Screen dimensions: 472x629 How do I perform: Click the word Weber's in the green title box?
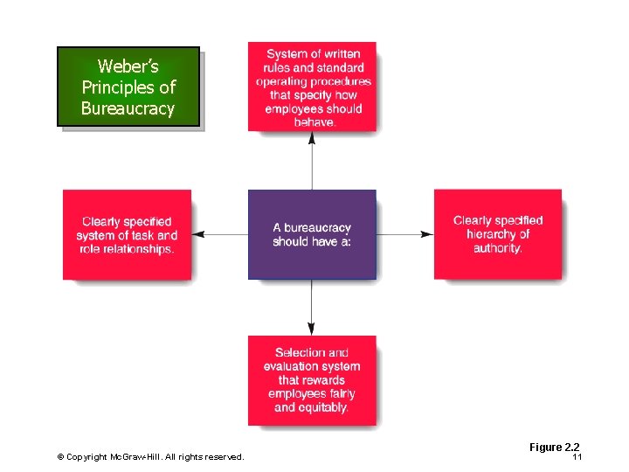point(128,66)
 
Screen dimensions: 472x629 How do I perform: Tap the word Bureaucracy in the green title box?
point(128,109)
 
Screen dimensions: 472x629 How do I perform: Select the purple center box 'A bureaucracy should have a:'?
point(312,234)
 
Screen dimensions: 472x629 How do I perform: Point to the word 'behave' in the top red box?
point(314,122)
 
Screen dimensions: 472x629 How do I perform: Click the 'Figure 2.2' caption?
point(554,448)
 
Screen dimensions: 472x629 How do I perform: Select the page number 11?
point(577,458)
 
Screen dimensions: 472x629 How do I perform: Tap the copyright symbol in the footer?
point(60,457)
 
